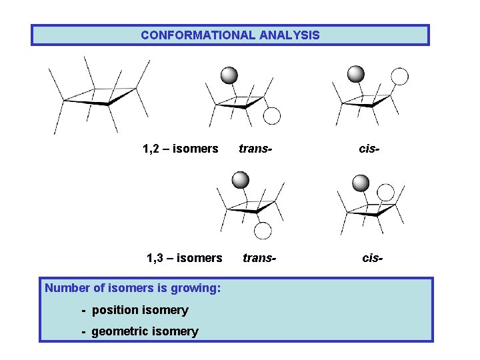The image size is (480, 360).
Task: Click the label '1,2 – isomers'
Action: click(181, 149)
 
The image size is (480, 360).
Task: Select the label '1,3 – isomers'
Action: click(185, 258)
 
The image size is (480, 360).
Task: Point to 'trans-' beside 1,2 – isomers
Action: click(256, 149)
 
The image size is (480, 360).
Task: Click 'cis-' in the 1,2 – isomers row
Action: click(369, 149)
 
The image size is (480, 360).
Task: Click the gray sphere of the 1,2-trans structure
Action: click(229, 75)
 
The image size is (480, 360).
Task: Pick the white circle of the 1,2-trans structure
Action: click(272, 116)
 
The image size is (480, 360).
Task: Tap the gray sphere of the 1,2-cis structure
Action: click(356, 73)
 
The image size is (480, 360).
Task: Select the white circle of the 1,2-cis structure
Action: click(399, 76)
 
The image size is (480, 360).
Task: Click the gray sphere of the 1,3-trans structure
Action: click(240, 180)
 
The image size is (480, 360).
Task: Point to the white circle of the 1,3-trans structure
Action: click(263, 231)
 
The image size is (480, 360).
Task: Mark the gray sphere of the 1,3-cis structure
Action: click(361, 183)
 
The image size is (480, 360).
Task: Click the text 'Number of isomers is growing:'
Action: click(133, 289)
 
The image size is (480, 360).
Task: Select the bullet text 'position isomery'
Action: click(140, 310)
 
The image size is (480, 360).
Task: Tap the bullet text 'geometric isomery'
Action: click(145, 331)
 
